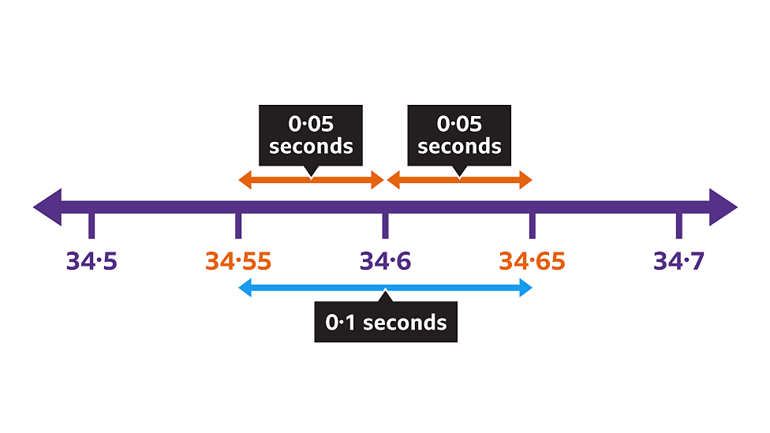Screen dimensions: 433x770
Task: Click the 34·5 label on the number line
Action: click(x=92, y=261)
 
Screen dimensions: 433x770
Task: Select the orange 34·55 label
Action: click(x=238, y=261)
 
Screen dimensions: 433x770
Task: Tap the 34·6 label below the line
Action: click(x=385, y=261)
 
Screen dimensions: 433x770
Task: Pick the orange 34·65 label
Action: click(x=532, y=261)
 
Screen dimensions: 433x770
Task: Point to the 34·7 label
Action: click(x=678, y=261)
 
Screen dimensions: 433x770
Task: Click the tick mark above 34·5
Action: click(x=92, y=226)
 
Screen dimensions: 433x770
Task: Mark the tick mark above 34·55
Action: click(x=238, y=226)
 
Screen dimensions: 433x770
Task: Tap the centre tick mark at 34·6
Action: click(x=385, y=226)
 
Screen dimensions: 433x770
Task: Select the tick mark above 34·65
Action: click(x=532, y=226)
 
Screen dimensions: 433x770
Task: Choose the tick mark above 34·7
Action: click(x=678, y=226)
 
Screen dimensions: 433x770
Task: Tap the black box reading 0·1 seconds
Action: click(x=385, y=322)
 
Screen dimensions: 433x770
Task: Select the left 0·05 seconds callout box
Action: click(x=311, y=135)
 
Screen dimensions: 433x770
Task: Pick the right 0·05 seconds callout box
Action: click(x=459, y=135)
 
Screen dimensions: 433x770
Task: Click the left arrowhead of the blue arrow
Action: click(x=245, y=289)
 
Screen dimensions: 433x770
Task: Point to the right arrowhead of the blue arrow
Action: click(x=526, y=289)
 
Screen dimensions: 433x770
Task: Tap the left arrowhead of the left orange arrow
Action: click(x=245, y=181)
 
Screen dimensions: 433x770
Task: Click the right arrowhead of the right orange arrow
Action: click(x=526, y=181)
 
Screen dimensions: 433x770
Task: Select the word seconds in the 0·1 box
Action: click(x=405, y=322)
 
